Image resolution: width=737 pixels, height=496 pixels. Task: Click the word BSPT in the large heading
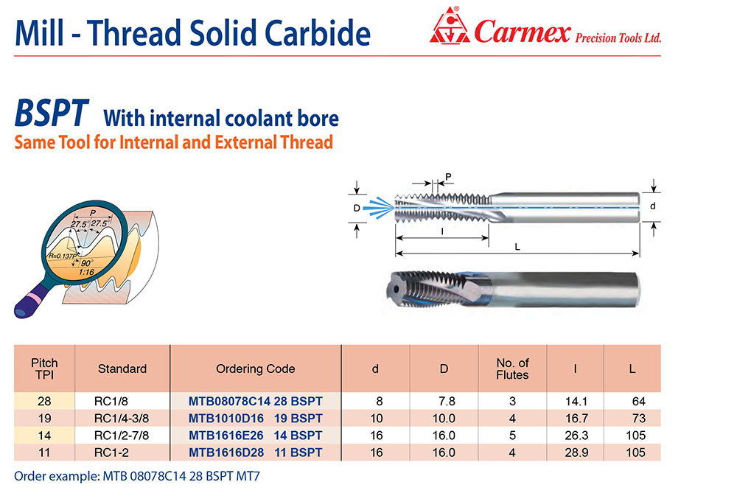coord(52,113)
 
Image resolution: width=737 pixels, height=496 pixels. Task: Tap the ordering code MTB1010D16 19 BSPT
coord(255,419)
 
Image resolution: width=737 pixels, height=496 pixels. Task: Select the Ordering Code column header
coord(255,369)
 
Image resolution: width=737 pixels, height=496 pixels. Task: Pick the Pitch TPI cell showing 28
coord(44,402)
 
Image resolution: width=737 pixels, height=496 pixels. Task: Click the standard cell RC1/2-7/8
coord(122,436)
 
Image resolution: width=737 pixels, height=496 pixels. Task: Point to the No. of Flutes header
coord(512,369)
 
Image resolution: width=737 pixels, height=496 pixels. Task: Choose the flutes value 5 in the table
coord(512,436)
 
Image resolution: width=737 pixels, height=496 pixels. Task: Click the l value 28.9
coord(576,453)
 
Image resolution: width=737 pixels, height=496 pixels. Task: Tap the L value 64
coord(639,402)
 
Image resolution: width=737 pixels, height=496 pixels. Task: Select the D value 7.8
coord(447,402)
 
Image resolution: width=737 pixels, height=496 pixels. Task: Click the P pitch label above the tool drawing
coord(448,177)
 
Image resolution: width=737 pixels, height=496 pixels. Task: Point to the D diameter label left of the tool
coord(357,208)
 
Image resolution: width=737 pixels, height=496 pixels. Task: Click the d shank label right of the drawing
coord(652,206)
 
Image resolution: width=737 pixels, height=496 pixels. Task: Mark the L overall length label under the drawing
coord(517,247)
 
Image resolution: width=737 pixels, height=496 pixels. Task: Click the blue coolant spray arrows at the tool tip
coord(379,207)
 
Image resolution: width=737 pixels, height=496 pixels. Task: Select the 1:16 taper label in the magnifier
coord(87,272)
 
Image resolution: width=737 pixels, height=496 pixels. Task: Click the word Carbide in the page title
coord(318,33)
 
